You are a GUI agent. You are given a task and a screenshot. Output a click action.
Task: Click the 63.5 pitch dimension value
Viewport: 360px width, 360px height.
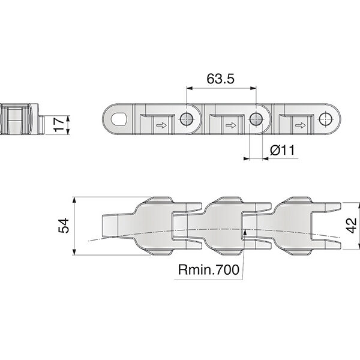(x=220, y=79)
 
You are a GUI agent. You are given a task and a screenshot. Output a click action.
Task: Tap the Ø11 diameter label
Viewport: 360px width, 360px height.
(x=282, y=150)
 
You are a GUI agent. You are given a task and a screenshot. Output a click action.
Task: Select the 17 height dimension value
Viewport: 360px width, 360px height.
(x=59, y=124)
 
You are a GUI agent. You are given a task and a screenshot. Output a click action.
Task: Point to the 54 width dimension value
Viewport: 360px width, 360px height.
(x=64, y=226)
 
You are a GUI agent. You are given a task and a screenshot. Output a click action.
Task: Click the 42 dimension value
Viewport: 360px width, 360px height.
(x=351, y=226)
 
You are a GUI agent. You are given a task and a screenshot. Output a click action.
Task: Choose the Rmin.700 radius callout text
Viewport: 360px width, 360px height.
(x=209, y=269)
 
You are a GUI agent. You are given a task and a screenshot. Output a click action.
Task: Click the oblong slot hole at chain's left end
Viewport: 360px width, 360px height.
(x=119, y=119)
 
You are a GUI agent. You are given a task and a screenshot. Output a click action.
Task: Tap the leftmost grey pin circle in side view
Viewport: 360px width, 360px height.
(x=186, y=119)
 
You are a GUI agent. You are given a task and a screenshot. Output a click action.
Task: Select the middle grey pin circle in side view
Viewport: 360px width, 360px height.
(x=256, y=119)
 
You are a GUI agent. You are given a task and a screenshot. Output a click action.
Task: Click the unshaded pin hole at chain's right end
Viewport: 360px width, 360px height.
(x=326, y=119)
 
